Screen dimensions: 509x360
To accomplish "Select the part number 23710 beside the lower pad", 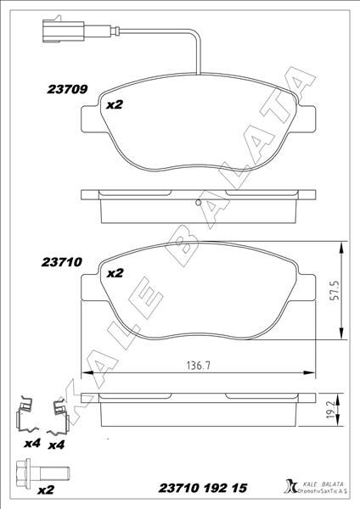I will pyautogui.click(x=60, y=263).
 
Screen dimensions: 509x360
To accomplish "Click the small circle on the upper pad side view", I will pyautogui.click(x=198, y=203).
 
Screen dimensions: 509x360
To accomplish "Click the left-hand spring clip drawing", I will pyautogui.click(x=29, y=415).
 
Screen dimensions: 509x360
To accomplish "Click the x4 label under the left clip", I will pyautogui.click(x=31, y=444).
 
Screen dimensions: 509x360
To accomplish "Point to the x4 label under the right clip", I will pyautogui.click(x=57, y=445).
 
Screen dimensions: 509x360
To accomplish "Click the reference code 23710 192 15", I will pyautogui.click(x=203, y=489).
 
